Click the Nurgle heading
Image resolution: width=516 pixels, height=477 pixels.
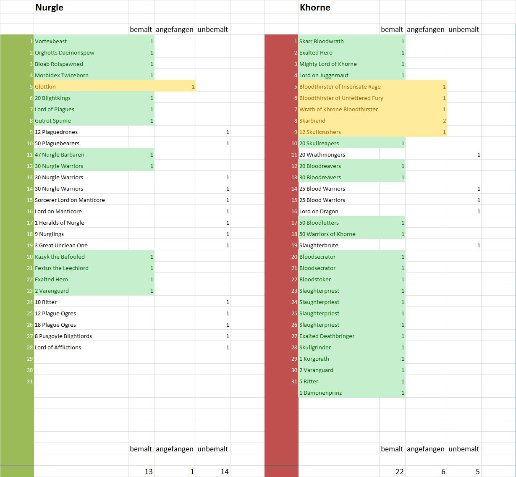49,8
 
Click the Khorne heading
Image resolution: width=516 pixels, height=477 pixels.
315,8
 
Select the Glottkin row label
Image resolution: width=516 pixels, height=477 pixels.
45,87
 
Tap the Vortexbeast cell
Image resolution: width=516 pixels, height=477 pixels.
51,42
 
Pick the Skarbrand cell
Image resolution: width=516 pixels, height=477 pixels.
312,121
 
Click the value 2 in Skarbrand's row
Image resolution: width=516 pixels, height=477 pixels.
444,121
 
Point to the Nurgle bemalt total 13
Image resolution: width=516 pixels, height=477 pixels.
148,472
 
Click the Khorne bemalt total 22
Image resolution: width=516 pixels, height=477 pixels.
399,472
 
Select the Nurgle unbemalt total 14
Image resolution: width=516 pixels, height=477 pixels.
225,472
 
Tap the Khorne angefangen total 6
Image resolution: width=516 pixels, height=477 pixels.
443,472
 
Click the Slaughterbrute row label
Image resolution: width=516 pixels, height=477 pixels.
319,246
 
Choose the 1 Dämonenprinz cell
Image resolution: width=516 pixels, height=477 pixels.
320,393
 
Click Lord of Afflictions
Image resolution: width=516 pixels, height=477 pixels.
58,348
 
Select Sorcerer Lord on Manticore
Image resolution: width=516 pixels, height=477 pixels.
70,200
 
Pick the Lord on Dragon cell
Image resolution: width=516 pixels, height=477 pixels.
319,212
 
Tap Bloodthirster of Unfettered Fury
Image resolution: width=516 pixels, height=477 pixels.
341,98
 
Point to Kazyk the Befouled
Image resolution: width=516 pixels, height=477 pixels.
60,257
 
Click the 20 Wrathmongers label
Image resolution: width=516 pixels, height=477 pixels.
322,155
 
